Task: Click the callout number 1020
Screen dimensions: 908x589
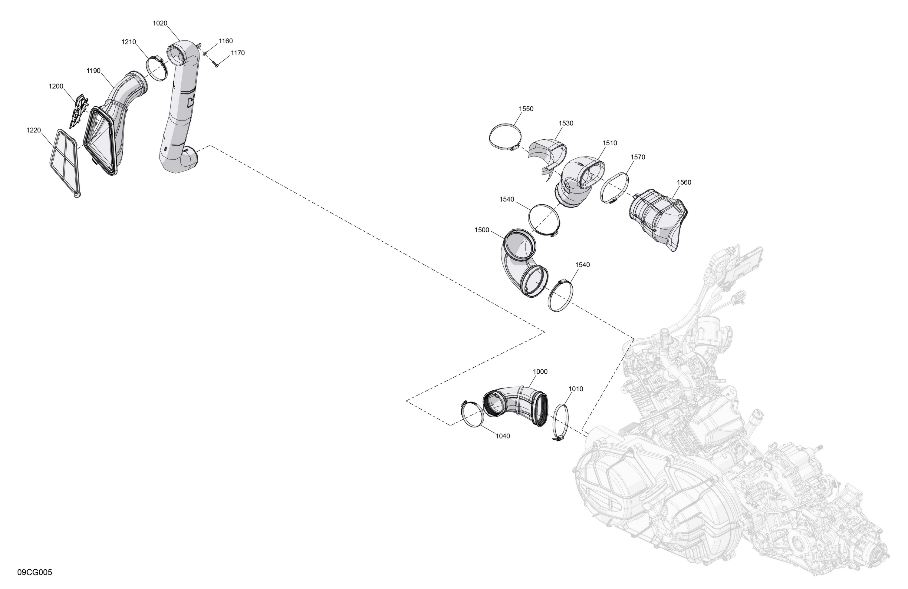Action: click(160, 23)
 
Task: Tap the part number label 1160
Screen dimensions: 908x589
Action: click(225, 41)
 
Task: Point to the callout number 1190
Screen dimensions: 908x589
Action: click(94, 71)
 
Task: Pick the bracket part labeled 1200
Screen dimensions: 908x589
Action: click(79, 111)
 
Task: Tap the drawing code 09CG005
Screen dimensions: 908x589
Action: click(35, 572)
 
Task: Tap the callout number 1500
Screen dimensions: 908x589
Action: click(482, 230)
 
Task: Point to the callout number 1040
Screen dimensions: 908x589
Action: click(502, 436)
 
